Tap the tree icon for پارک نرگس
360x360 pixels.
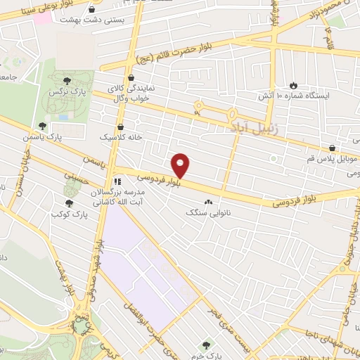coord(67,82)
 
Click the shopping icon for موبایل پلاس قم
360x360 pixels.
coord(331,148)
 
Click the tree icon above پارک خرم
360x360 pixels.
coord(205,345)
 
